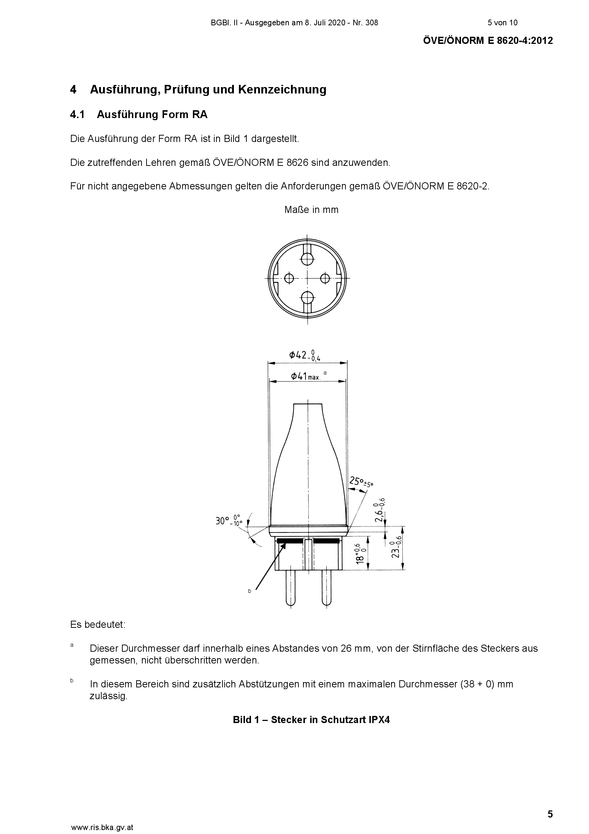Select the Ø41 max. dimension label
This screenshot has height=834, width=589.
(x=306, y=376)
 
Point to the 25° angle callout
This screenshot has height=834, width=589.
(x=361, y=482)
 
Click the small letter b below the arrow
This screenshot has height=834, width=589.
(x=250, y=591)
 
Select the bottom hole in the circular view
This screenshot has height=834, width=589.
(x=308, y=298)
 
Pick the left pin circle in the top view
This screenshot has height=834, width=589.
(x=289, y=279)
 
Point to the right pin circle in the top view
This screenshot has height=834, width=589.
(x=325, y=279)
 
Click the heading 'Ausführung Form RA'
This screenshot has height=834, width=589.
(x=152, y=115)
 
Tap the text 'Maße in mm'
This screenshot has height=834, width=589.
(x=312, y=210)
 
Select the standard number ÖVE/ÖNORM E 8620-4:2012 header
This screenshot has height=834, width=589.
(x=488, y=41)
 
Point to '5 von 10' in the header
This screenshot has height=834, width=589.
(x=503, y=23)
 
